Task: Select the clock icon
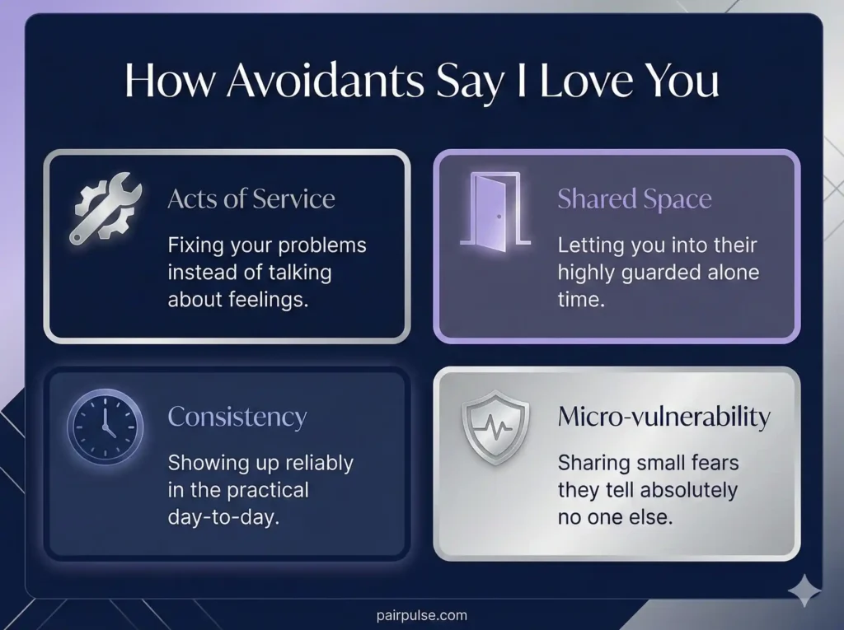click(x=105, y=427)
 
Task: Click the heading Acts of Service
click(x=251, y=198)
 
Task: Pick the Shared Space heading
click(x=634, y=198)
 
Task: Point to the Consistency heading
click(x=237, y=417)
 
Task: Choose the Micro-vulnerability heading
click(x=663, y=417)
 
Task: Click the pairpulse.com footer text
click(x=420, y=614)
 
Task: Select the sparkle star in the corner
click(x=804, y=591)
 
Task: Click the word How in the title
click(x=169, y=82)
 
